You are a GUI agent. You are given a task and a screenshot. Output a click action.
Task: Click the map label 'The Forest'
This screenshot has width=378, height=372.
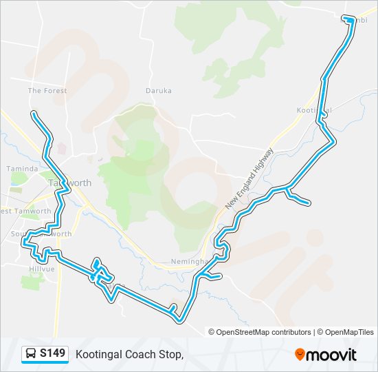click(x=47, y=91)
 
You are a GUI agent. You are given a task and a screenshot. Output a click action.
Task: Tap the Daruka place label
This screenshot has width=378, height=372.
click(x=158, y=90)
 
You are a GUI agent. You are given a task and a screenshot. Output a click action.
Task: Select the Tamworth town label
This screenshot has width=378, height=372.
click(x=70, y=183)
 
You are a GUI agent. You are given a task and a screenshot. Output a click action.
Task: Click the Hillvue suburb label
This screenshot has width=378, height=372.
click(x=41, y=269)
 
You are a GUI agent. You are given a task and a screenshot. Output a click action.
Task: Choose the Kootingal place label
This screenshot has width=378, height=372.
click(x=314, y=110)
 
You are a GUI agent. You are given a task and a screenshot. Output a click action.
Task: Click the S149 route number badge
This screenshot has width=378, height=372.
click(x=52, y=353)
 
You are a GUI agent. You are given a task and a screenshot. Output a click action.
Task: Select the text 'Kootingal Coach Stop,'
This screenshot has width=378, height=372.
click(x=129, y=354)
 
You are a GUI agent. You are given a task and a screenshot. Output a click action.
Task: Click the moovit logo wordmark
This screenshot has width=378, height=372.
click(x=332, y=355)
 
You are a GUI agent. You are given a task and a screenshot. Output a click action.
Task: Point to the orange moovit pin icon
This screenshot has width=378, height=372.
click(x=300, y=355)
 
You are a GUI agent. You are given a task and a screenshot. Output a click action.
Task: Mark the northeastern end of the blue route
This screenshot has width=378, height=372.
click(x=351, y=20)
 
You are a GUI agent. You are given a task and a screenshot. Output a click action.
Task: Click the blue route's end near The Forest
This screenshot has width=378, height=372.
click(x=33, y=113)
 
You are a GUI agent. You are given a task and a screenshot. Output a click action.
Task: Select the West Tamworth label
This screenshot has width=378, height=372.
click(x=26, y=211)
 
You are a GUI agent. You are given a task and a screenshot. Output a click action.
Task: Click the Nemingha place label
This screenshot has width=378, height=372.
click(x=189, y=262)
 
